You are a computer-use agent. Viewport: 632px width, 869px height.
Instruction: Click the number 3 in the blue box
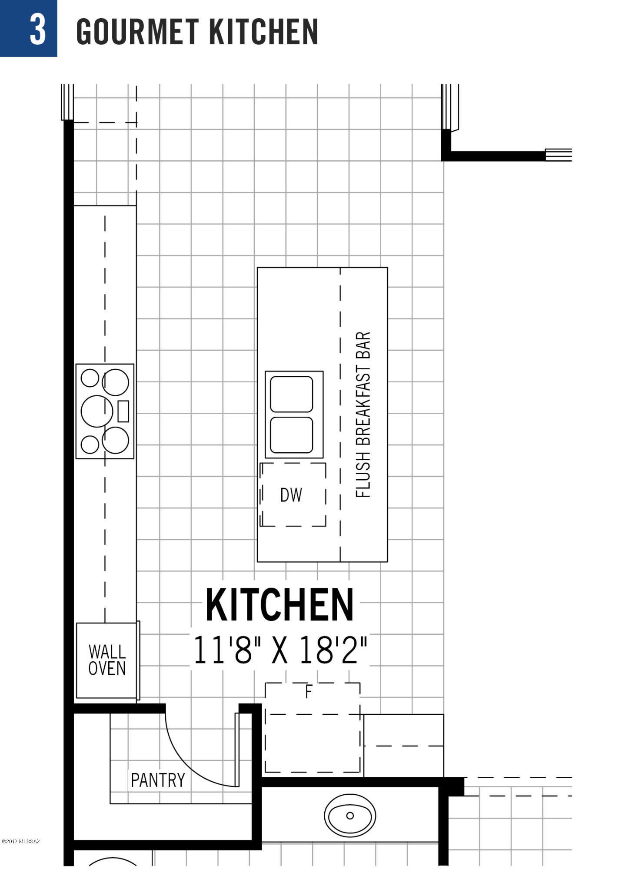pos(38,29)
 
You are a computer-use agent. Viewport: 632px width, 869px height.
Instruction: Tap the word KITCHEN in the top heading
pos(264,32)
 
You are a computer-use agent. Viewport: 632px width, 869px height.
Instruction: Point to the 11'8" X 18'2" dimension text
pos(280,650)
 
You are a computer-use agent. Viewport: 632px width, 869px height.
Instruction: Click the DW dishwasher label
pos(291,495)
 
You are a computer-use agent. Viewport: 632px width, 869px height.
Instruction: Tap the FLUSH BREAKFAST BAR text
pos(363,415)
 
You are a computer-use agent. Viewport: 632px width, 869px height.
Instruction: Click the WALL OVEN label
pos(107,660)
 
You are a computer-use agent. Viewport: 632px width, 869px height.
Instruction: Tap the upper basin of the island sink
pos(291,394)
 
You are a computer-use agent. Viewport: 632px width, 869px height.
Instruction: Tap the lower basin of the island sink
pos(291,435)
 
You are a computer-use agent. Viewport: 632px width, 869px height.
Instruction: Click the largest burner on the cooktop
pos(97,411)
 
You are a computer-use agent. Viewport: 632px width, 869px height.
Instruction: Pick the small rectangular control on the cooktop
pos(123,411)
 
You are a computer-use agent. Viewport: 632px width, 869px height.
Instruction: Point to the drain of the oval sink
pos(350,816)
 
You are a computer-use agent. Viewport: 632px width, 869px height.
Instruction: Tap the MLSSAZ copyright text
pos(21,842)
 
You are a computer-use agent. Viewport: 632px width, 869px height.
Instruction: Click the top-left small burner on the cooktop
pos(90,378)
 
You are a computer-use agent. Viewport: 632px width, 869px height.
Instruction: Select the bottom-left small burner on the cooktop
pos(90,444)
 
